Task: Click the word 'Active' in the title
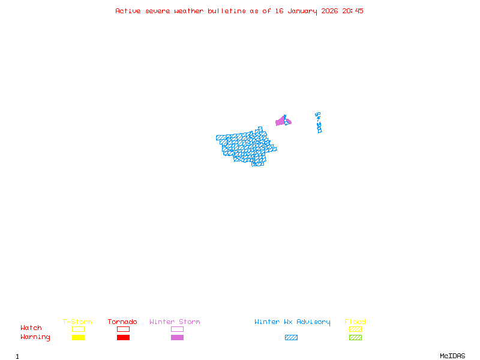pyautogui.click(x=128, y=11)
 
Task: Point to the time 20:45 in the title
pyautogui.click(x=353, y=11)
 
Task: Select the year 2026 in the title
pyautogui.click(x=329, y=11)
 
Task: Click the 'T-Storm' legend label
pyautogui.click(x=77, y=322)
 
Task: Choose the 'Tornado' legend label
pyautogui.click(x=122, y=322)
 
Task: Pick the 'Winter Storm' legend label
pyautogui.click(x=175, y=322)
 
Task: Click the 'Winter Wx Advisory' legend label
pyautogui.click(x=292, y=322)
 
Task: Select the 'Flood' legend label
pyautogui.click(x=355, y=322)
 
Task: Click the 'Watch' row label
pyautogui.click(x=31, y=328)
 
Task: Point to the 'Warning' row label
pyautogui.click(x=35, y=337)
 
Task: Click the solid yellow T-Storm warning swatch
pyautogui.click(x=78, y=338)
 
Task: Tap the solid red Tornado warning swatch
pyautogui.click(x=123, y=338)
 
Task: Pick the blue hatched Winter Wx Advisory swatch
pyautogui.click(x=291, y=338)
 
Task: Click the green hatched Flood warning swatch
pyautogui.click(x=355, y=338)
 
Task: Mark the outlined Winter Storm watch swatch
pyautogui.click(x=177, y=329)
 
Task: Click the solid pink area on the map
pyautogui.click(x=280, y=122)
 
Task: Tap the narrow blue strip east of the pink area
pyautogui.click(x=319, y=123)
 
